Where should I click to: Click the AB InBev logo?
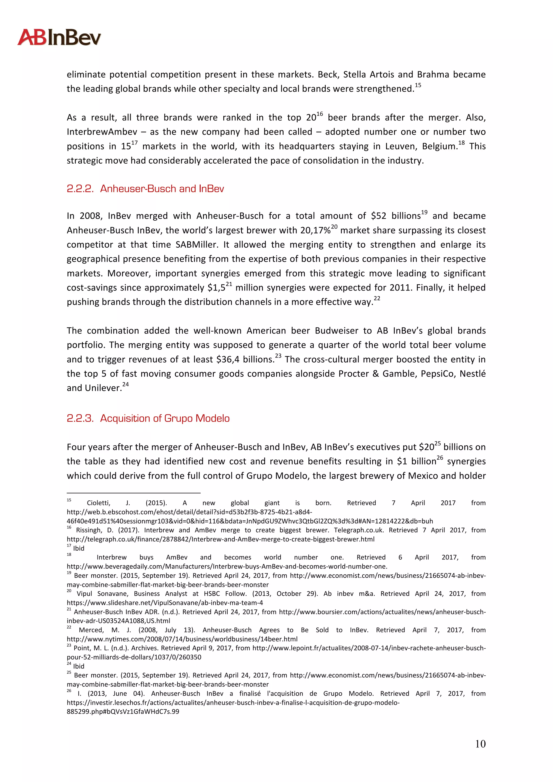point(59,38)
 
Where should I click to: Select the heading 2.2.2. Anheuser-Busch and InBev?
point(145,189)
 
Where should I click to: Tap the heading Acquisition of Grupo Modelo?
point(165,418)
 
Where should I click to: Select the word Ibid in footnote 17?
point(79,548)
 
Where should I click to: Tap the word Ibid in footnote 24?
point(79,666)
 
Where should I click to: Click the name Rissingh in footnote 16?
point(90,530)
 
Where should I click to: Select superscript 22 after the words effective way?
point(377,299)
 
